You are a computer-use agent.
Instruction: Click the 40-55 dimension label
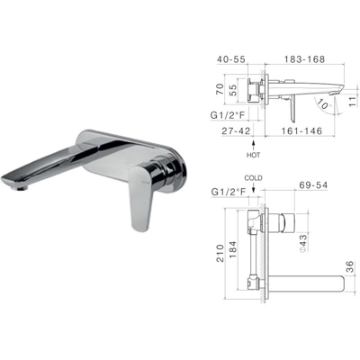[231, 59]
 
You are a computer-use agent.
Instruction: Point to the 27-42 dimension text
[237, 130]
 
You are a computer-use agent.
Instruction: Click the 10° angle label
[323, 105]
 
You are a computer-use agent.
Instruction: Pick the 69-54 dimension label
[313, 185]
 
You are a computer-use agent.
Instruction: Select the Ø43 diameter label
[303, 243]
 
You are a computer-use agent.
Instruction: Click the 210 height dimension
[220, 253]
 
